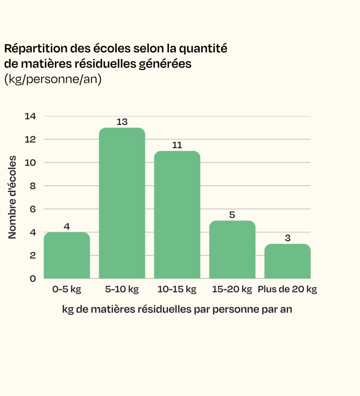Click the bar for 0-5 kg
click(67, 255)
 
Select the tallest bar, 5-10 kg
click(122, 203)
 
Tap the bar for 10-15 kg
click(177, 215)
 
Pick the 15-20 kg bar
click(232, 249)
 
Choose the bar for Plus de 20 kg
click(287, 261)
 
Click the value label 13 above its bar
click(122, 122)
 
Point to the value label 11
click(177, 145)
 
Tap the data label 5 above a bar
click(232, 215)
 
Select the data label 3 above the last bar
click(288, 238)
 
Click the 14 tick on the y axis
click(30, 116)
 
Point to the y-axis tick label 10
click(30, 163)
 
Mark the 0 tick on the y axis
click(33, 279)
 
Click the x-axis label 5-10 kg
click(122, 289)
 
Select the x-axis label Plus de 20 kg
click(287, 289)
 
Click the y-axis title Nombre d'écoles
click(12, 197)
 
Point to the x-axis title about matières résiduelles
click(177, 310)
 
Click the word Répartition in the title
click(36, 49)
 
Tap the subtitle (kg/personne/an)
click(53, 79)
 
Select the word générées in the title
click(165, 64)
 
